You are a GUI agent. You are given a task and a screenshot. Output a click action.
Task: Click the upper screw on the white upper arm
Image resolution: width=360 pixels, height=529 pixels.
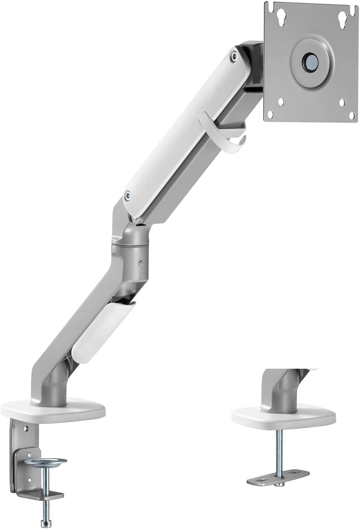tap(233, 56)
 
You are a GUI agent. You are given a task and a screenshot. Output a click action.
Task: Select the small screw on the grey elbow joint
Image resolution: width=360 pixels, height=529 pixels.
tap(141, 263)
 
